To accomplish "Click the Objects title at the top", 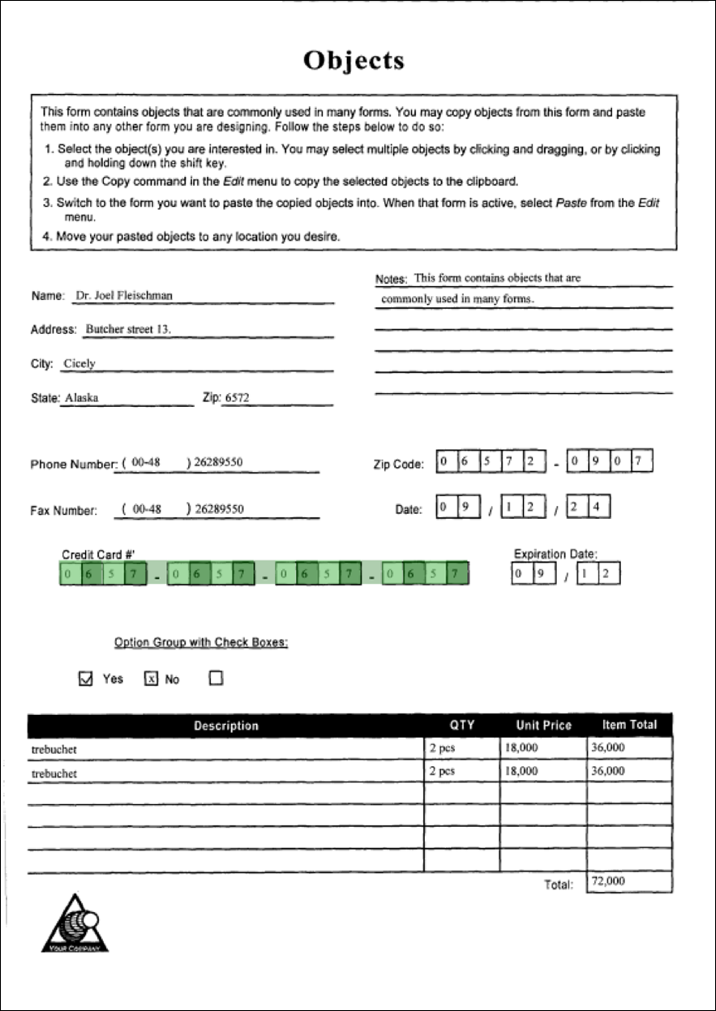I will click(354, 61).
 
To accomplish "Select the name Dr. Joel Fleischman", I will click(123, 296).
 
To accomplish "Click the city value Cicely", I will click(79, 364).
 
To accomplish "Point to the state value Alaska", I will click(81, 398).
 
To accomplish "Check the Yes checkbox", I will click(86, 679).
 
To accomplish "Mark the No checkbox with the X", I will click(151, 679).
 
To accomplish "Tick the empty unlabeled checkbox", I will click(216, 679).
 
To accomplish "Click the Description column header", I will click(225, 726).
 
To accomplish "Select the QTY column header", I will click(461, 725).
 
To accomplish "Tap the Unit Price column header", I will click(543, 726).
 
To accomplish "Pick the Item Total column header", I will click(629, 725).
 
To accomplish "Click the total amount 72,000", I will click(608, 881).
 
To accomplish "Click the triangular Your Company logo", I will click(75, 925).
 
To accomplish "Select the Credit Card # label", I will click(98, 555).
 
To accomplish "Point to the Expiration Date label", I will click(555, 555).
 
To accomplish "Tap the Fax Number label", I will click(64, 511).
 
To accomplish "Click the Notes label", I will click(391, 279).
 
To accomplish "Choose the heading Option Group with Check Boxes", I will click(201, 643).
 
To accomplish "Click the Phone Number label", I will click(74, 465).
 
